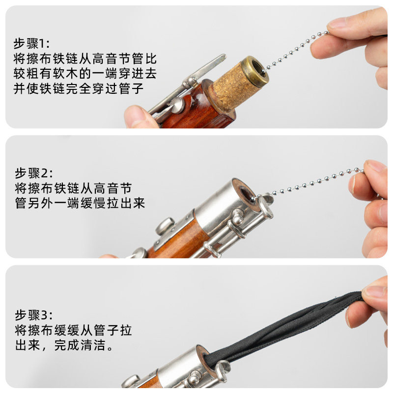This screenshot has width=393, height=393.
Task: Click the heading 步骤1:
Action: pyautogui.click(x=31, y=43)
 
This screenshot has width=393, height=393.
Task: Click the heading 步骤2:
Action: pyautogui.click(x=34, y=173)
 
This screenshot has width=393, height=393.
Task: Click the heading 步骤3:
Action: pyautogui.click(x=34, y=315)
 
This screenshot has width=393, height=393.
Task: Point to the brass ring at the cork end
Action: pyautogui.click(x=255, y=72)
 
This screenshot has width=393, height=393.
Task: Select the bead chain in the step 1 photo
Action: pyautogui.click(x=296, y=51)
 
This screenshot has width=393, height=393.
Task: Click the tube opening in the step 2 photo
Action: pyautogui.click(x=248, y=194)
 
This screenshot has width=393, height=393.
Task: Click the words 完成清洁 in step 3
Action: pyautogui.click(x=80, y=345)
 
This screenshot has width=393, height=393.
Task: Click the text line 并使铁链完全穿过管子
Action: pyautogui.click(x=79, y=89)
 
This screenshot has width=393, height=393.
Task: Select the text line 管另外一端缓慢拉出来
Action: pyautogui.click(x=80, y=203)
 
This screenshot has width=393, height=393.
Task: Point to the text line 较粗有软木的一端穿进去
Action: pyautogui.click(x=85, y=74)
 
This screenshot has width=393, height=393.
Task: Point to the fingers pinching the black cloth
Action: pyautogui.click(x=371, y=306)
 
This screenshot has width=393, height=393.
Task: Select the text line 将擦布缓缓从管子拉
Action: pyautogui.click(x=73, y=330)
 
